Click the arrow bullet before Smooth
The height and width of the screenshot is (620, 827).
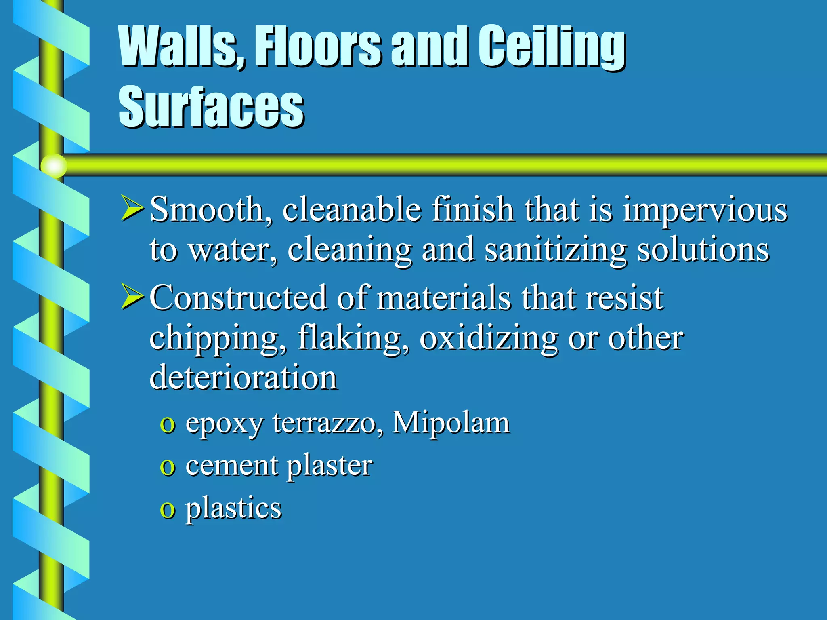click(132, 209)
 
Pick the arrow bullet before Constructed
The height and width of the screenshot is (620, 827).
click(132, 297)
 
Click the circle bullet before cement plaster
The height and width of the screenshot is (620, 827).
click(167, 468)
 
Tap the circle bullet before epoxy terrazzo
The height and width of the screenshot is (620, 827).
click(167, 425)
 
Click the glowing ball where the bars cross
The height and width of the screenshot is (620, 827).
click(54, 166)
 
